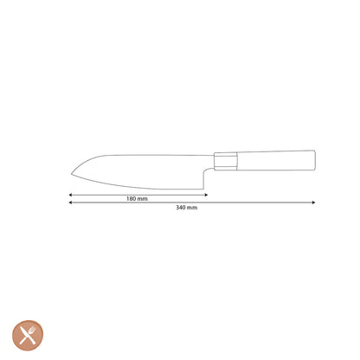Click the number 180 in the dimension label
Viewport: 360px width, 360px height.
point(132,199)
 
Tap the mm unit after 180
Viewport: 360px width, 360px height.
point(143,199)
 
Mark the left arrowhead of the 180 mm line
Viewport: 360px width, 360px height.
point(71,195)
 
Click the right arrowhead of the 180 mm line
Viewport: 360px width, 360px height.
point(205,195)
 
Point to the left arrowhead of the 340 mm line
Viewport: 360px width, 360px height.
point(71,203)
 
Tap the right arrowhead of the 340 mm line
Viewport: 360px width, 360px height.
point(313,203)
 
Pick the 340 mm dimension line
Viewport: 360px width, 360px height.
point(242,203)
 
